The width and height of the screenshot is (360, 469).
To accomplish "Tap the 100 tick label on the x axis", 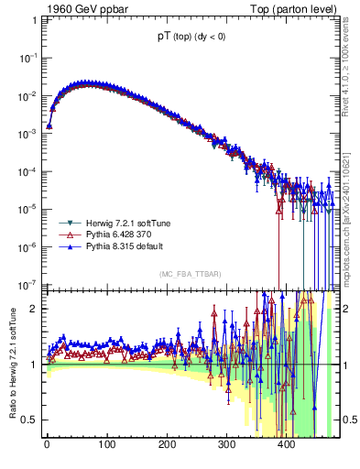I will (107, 446).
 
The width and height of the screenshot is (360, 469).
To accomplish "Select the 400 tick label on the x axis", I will (287, 446).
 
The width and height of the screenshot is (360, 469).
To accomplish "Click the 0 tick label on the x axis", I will (47, 446).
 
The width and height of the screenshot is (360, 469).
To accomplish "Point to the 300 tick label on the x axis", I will (227, 446).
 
